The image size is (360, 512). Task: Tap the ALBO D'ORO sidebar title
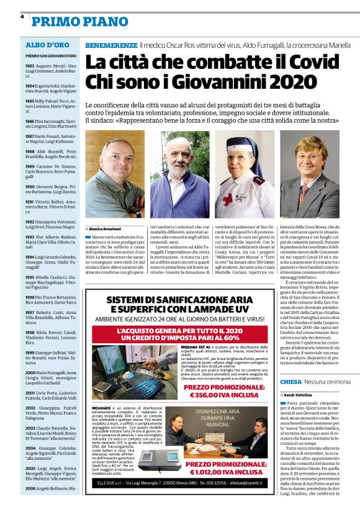pyautogui.click(x=47, y=45)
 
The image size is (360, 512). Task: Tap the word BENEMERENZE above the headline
pyautogui.click(x=111, y=46)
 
